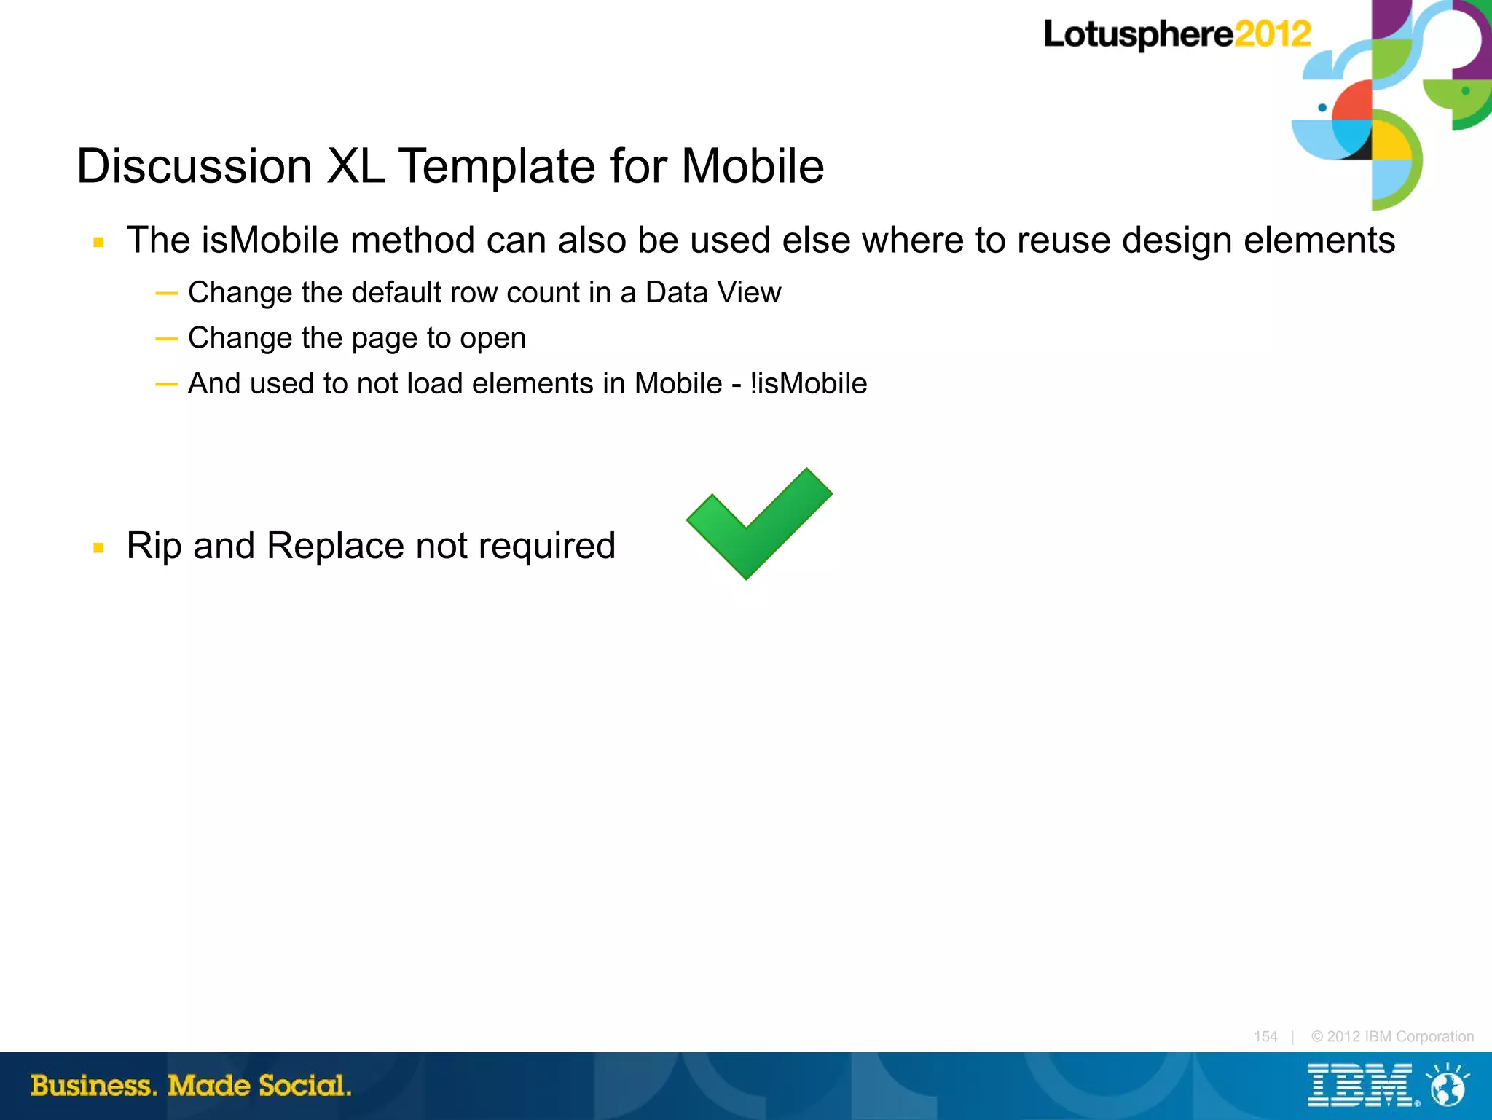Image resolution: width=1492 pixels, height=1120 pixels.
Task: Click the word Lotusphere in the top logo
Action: pyautogui.click(x=1138, y=35)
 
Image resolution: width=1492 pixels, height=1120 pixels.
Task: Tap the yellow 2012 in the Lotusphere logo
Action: pyautogui.click(x=1272, y=34)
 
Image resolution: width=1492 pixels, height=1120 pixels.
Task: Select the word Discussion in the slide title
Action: pyautogui.click(x=195, y=166)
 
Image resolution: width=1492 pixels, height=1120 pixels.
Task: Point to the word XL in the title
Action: pyautogui.click(x=356, y=166)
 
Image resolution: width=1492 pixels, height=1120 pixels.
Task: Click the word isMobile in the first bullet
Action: pyautogui.click(x=270, y=240)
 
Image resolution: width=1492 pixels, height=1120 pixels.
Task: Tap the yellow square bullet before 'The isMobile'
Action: pyautogui.click(x=99, y=243)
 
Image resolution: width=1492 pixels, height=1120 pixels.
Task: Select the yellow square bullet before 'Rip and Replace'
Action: pyautogui.click(x=99, y=548)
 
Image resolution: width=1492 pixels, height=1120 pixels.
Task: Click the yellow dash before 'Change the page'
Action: pyautogui.click(x=166, y=339)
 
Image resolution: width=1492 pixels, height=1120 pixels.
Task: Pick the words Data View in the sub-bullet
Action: pyautogui.click(x=712, y=293)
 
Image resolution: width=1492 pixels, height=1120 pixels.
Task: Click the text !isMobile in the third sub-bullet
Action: pyautogui.click(x=808, y=384)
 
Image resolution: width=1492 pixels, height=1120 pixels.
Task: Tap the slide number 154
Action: pyautogui.click(x=1265, y=1036)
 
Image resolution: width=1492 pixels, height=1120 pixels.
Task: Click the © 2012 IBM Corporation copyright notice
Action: pyautogui.click(x=1392, y=1036)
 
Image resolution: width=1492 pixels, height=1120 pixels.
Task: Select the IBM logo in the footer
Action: pyautogui.click(x=1359, y=1086)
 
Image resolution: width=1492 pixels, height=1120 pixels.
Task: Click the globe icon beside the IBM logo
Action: pyautogui.click(x=1448, y=1086)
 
